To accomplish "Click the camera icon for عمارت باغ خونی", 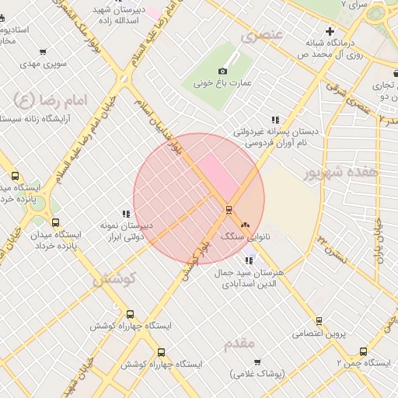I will point(223,71).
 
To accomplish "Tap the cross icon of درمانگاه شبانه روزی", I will point(331,32).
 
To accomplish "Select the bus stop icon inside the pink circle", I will point(229,209).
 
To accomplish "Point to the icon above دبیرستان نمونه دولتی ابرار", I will point(125,214).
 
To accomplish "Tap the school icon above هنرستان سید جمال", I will point(249,260).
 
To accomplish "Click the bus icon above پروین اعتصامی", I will point(319,321).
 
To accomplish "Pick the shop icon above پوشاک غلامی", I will point(258,362).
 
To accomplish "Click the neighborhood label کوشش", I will point(115,278).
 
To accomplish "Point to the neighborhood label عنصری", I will point(259,35).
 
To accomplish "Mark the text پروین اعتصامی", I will point(319,333).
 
